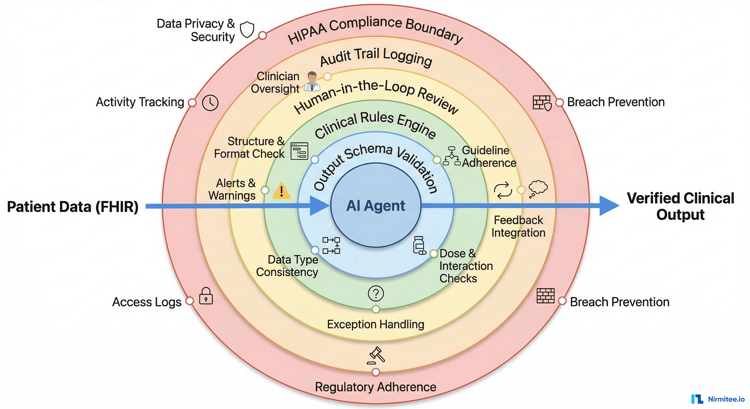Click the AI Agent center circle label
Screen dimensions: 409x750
point(375,206)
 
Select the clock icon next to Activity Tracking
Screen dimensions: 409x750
point(210,103)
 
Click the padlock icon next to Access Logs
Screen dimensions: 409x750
point(206,296)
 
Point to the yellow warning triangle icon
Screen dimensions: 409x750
point(281,191)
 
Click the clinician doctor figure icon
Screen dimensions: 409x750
point(312,81)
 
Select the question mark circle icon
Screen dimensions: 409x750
point(376,293)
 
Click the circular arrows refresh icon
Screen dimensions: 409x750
point(503,190)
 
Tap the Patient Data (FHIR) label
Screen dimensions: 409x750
point(72,207)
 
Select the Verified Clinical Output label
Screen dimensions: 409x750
point(680,206)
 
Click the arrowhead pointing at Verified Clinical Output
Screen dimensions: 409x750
point(609,206)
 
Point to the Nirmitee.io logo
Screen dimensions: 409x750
point(718,399)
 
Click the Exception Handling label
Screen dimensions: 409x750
point(375,324)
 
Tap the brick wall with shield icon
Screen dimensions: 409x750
point(542,103)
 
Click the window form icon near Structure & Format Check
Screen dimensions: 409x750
point(299,151)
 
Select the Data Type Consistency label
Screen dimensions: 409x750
point(287,266)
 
